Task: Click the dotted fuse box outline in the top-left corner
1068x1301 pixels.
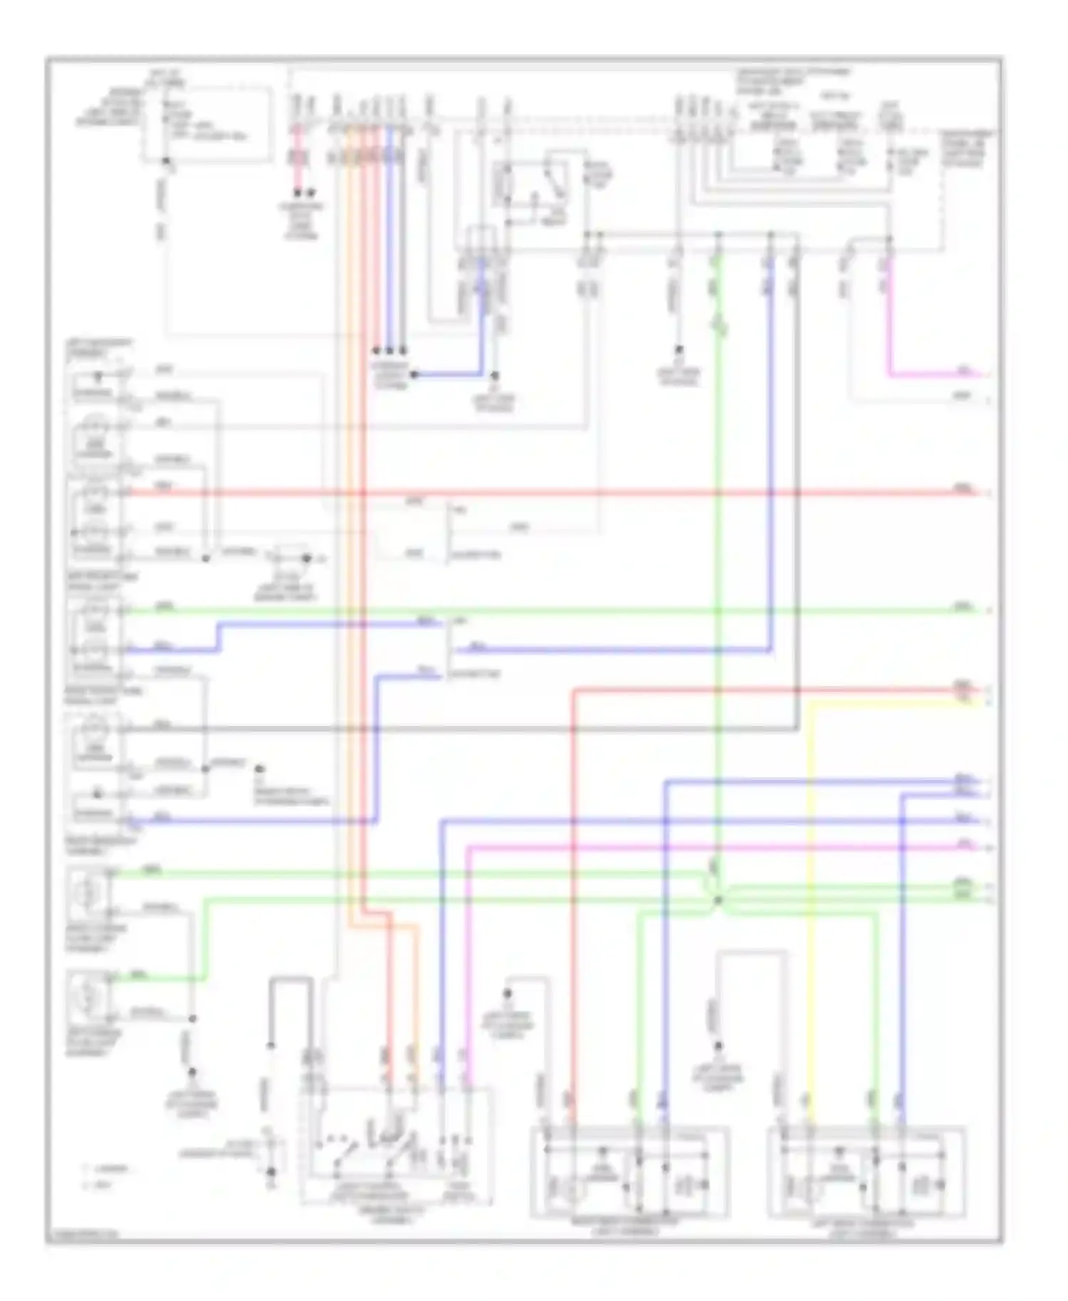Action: tap(206, 125)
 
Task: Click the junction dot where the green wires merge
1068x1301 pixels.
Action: tap(718, 900)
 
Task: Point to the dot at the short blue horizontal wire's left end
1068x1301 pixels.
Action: tap(414, 374)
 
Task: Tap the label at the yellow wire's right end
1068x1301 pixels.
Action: tap(963, 701)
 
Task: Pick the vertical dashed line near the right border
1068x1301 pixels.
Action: tap(943, 192)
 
